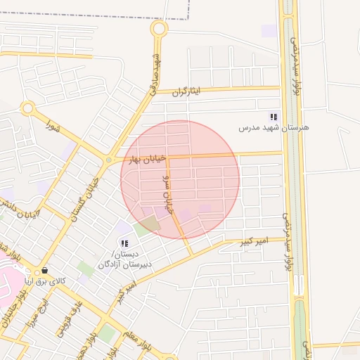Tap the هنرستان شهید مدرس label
tap(274, 128)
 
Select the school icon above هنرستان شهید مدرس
tap(274, 117)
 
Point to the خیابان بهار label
tap(143, 159)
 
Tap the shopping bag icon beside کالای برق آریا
tap(44, 270)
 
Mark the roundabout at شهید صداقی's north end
tap(160, 29)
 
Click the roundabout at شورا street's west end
tap(28, 108)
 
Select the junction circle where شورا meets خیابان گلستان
tap(108, 160)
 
